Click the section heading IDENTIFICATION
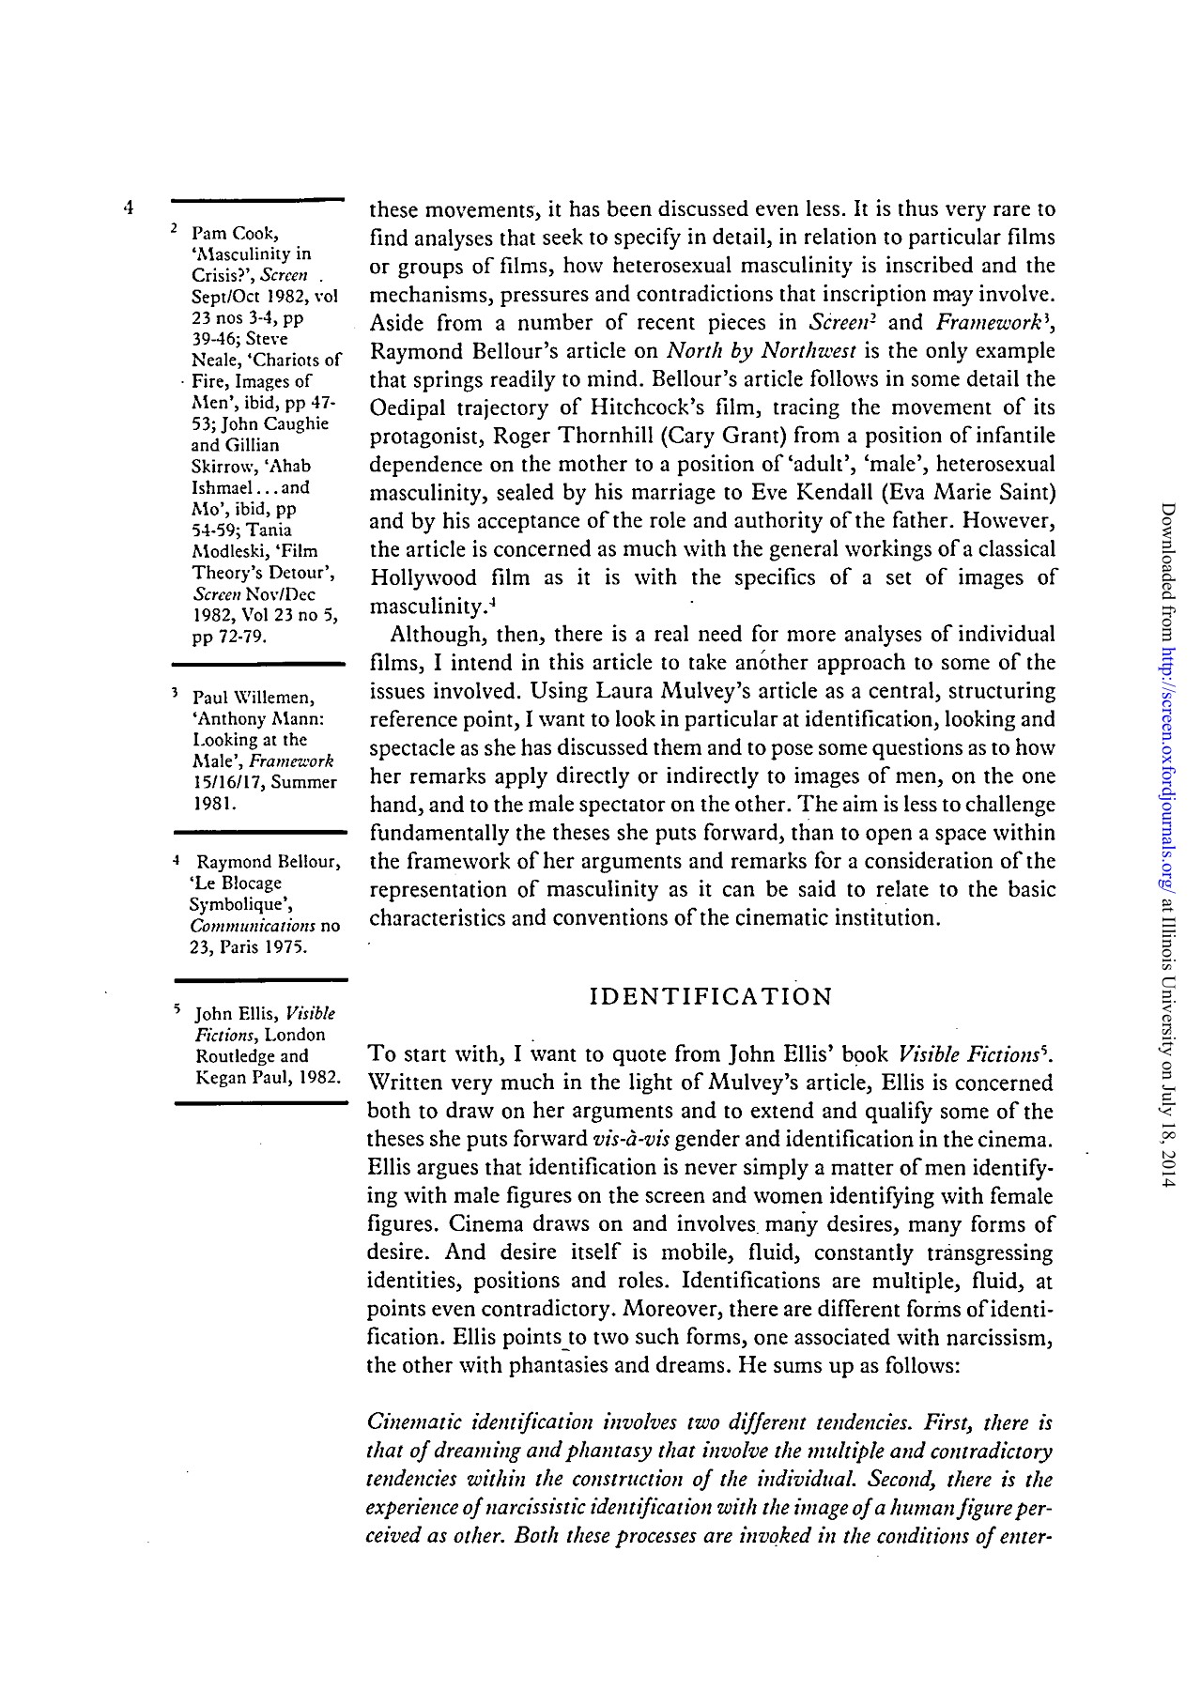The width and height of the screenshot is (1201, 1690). pyautogui.click(x=710, y=996)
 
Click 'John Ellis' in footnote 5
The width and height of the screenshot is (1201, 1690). pyautogui.click(x=235, y=1014)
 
